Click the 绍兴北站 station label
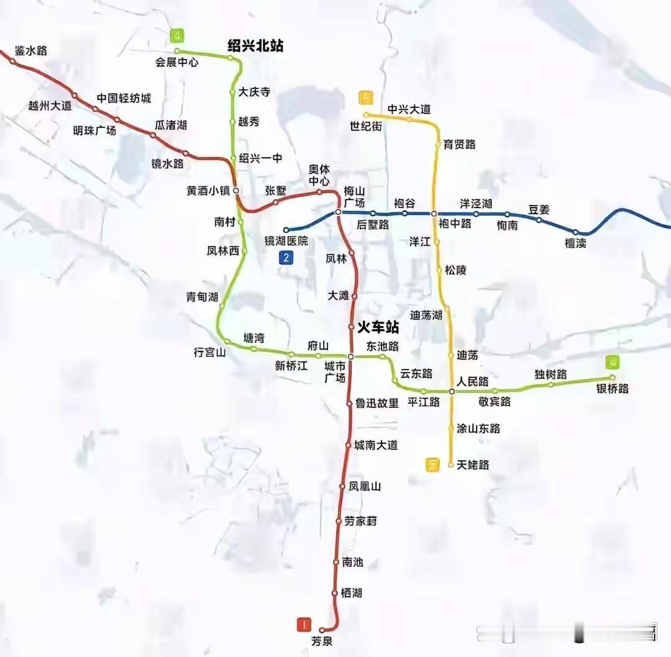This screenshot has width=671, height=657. click(x=255, y=46)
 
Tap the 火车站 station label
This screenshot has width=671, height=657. click(x=378, y=327)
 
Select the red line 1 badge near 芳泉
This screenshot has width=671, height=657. click(x=304, y=623)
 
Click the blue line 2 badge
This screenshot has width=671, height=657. click(x=286, y=258)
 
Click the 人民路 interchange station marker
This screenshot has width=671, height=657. click(x=452, y=391)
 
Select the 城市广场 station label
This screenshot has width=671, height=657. click(x=335, y=372)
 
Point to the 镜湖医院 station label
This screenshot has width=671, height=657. click(x=286, y=241)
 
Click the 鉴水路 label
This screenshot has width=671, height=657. click(x=31, y=51)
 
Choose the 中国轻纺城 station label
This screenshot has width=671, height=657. click(x=124, y=98)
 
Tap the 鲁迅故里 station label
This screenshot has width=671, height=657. click(x=377, y=403)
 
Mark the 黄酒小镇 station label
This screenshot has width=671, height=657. click(x=209, y=191)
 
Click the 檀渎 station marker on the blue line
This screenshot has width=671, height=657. click(x=575, y=232)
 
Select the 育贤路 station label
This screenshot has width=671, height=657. click(x=459, y=144)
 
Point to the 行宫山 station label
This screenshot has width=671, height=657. click(x=210, y=353)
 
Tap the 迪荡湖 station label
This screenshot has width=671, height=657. click(x=426, y=315)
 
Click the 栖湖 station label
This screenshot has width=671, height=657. click(x=351, y=593)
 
